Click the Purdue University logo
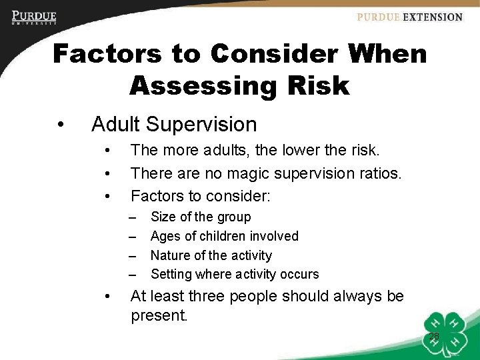pos(34,17)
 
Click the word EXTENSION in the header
pos(433,17)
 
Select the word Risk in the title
pos(313,85)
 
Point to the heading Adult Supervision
pos(174,124)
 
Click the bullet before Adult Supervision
pos(61,125)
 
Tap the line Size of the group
pos(201,217)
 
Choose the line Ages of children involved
pos(224,236)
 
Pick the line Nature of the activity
pos(211,255)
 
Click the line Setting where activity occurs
pos(235,274)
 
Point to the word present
pos(159,315)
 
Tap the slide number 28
pos(433,337)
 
